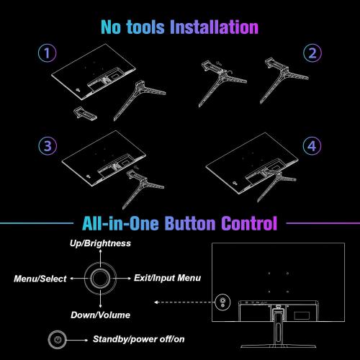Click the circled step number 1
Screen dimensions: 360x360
tap(48, 54)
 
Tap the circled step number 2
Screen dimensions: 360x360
tap(311, 54)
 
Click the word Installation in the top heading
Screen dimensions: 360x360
tap(213, 29)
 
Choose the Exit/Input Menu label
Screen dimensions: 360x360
tap(168, 277)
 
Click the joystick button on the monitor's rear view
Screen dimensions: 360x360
tap(222, 302)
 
